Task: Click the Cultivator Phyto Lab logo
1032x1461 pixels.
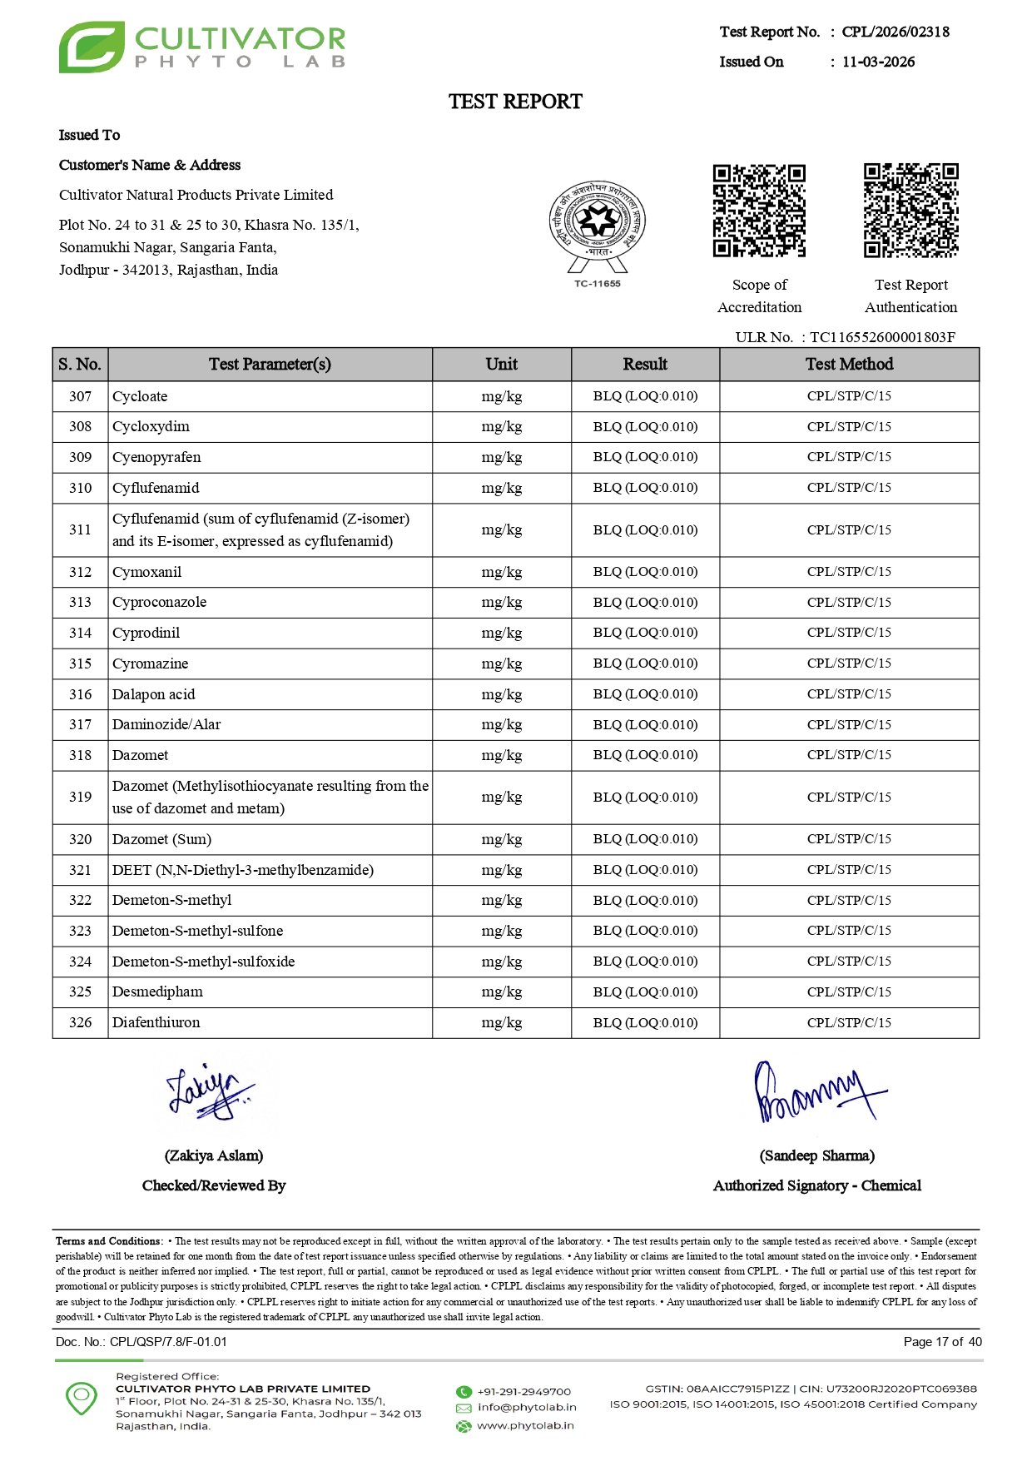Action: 201,47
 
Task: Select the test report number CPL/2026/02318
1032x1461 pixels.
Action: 896,32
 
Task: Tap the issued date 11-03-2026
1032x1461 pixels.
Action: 878,62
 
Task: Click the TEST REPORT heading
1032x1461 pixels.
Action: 515,102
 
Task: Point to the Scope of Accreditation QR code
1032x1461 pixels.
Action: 759,211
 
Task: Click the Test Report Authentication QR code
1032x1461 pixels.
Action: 910,211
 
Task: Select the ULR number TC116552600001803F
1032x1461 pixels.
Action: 882,337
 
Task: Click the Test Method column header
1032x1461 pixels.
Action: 849,364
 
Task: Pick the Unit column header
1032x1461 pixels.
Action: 501,364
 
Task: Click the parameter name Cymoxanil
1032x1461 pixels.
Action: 147,572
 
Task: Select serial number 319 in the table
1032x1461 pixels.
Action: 80,797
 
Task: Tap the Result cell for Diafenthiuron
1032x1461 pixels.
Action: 645,1022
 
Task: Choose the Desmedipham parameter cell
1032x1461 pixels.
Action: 157,991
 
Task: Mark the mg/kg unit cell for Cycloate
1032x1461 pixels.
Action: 501,396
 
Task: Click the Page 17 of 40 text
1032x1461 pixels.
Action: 942,1341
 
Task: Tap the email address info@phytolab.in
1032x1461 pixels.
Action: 526,1407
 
